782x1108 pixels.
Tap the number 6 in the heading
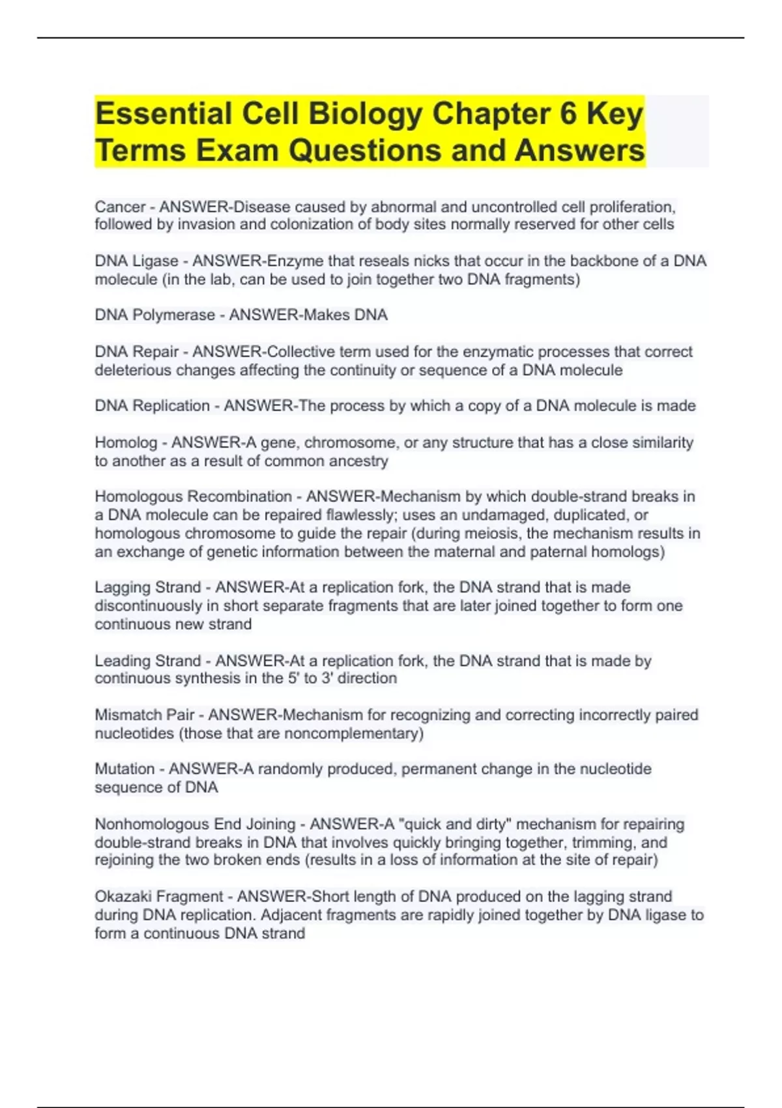pyautogui.click(x=568, y=114)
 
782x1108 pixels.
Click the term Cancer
pyautogui.click(x=120, y=207)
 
